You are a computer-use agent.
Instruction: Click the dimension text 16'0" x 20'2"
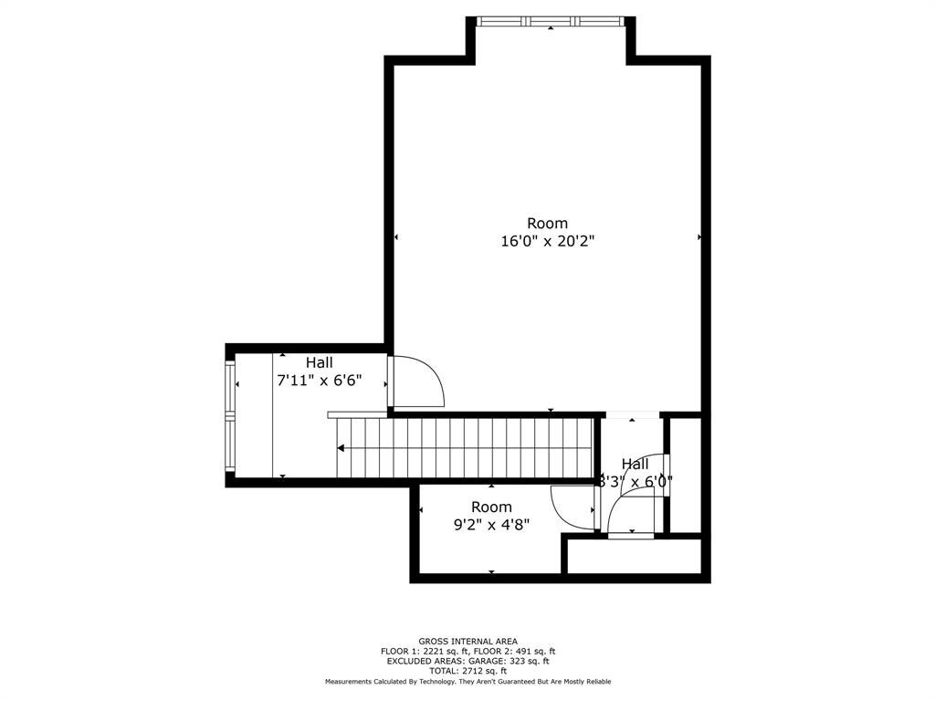(x=547, y=241)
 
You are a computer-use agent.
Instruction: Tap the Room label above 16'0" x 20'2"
(x=547, y=223)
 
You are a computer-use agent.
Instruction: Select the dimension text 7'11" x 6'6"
(x=319, y=381)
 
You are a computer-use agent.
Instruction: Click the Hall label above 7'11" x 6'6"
(x=319, y=362)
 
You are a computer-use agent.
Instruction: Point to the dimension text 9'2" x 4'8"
(x=491, y=524)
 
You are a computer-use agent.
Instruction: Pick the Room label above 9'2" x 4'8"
(x=491, y=507)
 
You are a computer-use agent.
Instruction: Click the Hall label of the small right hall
(x=636, y=464)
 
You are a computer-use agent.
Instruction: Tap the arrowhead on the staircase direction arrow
(x=341, y=448)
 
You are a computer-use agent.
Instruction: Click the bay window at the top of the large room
(x=551, y=20)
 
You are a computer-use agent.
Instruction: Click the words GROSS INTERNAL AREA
(x=467, y=642)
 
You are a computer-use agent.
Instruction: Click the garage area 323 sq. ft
(x=527, y=661)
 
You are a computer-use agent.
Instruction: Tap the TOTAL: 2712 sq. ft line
(x=467, y=671)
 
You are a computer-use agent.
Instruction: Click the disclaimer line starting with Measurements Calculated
(x=467, y=682)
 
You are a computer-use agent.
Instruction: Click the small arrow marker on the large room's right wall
(x=700, y=236)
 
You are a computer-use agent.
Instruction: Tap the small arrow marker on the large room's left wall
(x=396, y=237)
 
